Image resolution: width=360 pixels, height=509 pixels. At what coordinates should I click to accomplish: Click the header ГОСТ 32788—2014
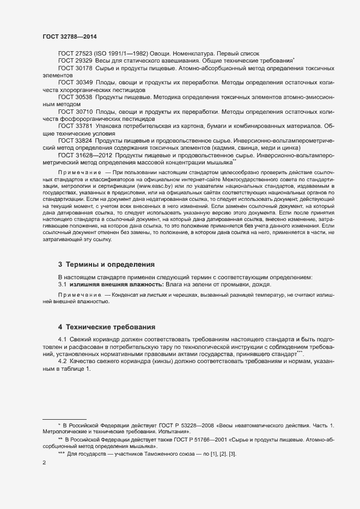pos(70,36)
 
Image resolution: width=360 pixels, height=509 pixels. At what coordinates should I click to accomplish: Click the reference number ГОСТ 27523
pos(75,53)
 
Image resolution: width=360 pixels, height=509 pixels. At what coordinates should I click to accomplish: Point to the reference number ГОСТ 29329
pos(75,61)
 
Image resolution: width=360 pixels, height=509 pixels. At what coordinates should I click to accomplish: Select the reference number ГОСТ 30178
pos(75,69)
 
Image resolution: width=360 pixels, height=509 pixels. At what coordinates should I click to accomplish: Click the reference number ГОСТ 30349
pos(75,82)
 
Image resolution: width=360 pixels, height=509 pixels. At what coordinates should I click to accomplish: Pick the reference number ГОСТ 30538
pos(75,96)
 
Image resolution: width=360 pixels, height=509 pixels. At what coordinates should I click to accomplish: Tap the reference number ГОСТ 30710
pos(75,111)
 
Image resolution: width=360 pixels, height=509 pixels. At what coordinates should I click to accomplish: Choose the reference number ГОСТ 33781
pos(75,126)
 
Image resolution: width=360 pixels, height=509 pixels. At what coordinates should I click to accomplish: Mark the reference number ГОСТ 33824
pos(75,140)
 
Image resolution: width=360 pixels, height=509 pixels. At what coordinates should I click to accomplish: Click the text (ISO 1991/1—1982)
pos(125,53)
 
